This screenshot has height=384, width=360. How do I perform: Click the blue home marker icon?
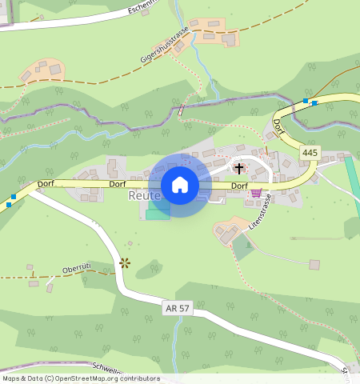point(180,185)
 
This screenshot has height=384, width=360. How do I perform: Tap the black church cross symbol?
point(238,168)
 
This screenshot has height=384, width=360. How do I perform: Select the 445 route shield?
point(310,152)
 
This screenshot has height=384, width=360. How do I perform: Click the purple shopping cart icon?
point(256,192)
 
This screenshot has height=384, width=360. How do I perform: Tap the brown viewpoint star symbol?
point(124,262)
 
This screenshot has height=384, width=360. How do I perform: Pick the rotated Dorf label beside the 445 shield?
point(278,126)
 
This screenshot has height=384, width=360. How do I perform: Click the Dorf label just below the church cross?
point(239,186)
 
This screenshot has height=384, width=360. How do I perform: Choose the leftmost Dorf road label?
point(46,184)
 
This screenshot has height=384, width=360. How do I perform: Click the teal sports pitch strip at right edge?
point(352,184)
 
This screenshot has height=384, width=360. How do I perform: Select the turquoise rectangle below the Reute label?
point(158,214)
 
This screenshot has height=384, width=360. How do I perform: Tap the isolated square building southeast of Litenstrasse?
point(314,264)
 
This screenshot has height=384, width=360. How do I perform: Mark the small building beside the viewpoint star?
point(130,243)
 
